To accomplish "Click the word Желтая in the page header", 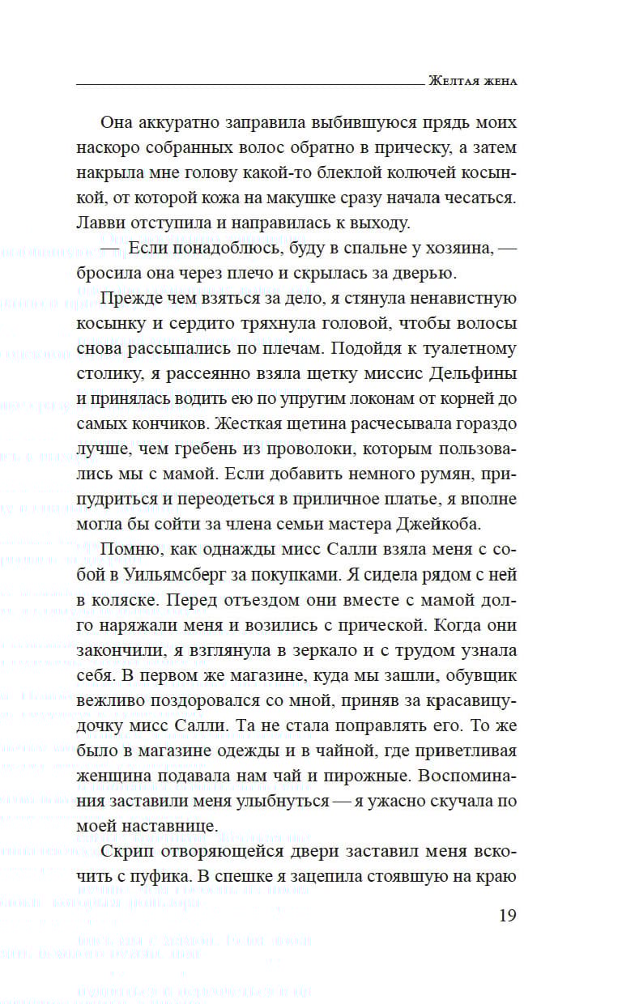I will click(x=450, y=81).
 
